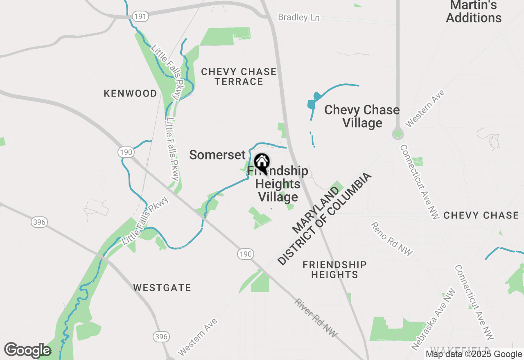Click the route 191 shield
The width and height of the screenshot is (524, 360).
140,16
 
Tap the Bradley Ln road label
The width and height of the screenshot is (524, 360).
298,18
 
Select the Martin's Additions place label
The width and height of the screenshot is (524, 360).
474,11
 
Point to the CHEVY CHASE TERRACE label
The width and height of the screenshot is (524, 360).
239,76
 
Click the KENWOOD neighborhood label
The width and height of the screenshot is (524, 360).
130,93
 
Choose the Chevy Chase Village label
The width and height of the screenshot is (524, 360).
362,116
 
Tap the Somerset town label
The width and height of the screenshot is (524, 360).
217,155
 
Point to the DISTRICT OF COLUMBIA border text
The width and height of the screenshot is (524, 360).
324,219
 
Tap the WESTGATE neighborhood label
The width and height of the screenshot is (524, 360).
162,288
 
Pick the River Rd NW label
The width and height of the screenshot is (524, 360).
316,318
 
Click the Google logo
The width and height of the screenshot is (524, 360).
27,351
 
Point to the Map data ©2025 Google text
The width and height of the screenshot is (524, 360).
474,354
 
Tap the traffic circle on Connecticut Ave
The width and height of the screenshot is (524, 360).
398,133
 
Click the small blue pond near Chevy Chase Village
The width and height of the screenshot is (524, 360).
312,102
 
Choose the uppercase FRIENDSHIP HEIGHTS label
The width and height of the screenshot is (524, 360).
334,270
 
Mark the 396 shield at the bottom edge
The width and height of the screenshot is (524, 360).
161,337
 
